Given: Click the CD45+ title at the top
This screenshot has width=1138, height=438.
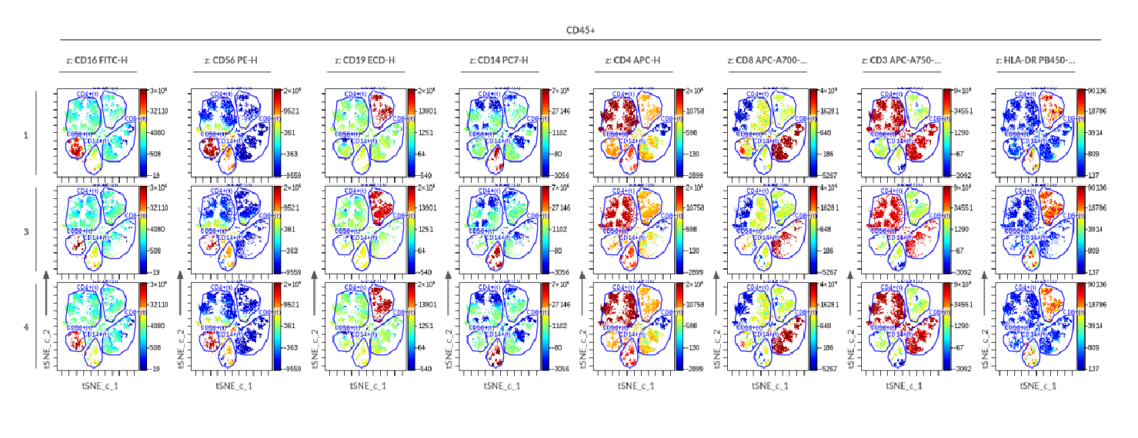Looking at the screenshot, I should (x=580, y=31).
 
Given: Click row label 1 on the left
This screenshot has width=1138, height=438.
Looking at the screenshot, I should (x=25, y=135).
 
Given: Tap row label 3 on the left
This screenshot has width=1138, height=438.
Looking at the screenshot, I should (x=25, y=231).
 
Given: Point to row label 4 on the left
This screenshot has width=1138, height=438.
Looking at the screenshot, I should (x=25, y=327).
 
